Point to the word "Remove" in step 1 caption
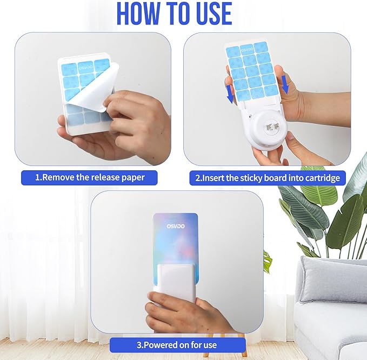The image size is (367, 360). pos(62,177)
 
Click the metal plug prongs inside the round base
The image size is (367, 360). pos(270,127)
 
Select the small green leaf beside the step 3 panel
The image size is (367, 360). pos(267,261)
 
